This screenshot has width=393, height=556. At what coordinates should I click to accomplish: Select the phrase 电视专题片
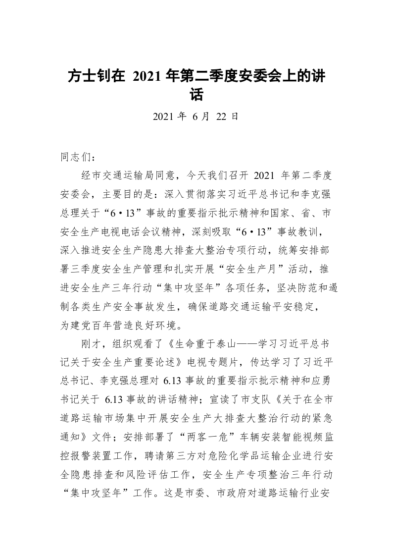[217, 363]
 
